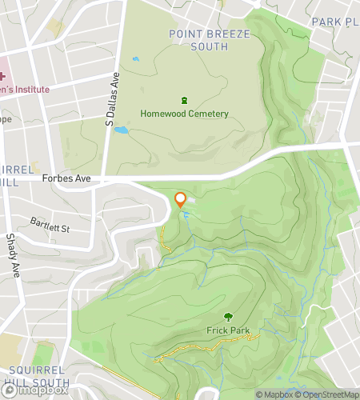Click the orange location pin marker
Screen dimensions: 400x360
point(181,199)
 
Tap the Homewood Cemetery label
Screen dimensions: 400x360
point(184,114)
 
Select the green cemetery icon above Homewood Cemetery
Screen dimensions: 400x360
point(184,101)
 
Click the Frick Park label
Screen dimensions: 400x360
point(228,330)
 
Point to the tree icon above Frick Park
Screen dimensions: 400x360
point(228,318)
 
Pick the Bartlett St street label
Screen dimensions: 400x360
point(50,224)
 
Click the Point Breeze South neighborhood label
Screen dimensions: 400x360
point(210,39)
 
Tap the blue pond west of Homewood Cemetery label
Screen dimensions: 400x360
point(122,129)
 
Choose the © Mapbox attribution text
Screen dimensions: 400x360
point(274,394)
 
